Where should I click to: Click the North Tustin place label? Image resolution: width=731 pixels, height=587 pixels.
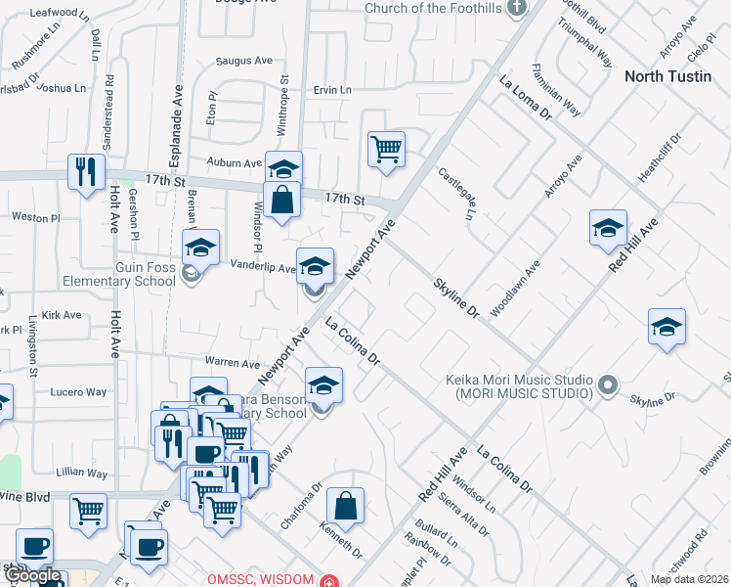coord(667,76)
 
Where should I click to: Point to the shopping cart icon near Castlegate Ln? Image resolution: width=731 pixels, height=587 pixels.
coord(386,150)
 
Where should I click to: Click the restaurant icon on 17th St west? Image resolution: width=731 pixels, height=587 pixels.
coord(87,171)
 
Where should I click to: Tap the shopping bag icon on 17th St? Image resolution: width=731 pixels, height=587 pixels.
coord(281,200)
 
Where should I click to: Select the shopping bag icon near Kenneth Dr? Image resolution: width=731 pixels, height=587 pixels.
coord(345,506)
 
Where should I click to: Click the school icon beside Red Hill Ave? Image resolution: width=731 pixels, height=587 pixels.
coord(608,228)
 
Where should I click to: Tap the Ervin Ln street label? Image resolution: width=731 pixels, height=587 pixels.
coord(332,90)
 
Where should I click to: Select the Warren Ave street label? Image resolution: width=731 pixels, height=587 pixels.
coord(231,364)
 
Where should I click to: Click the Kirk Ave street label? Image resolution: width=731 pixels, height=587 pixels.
coord(62,315)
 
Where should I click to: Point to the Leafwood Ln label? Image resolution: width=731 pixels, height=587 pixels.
coord(54,13)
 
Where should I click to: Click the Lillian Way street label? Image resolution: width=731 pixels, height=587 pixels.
coord(82,473)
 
